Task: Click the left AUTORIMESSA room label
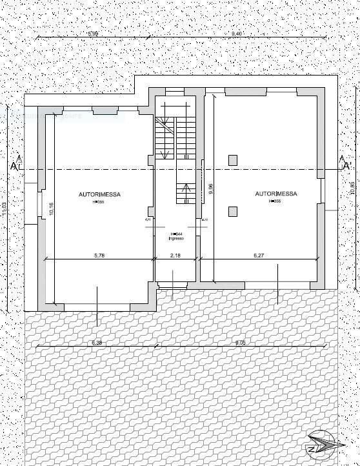click(x=99, y=194)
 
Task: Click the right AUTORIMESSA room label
click(x=276, y=194)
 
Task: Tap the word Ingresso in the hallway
click(x=176, y=239)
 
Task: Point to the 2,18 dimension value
click(x=175, y=256)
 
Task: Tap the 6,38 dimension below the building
click(x=97, y=342)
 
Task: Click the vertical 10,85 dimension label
click(x=352, y=188)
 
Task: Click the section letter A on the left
click(x=13, y=167)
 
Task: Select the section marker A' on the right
click(x=346, y=167)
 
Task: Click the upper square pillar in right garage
click(x=233, y=159)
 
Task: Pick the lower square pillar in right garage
click(x=233, y=210)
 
